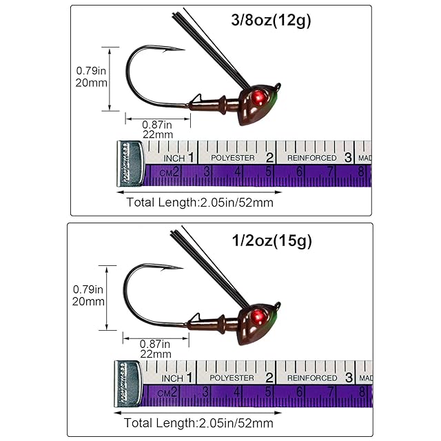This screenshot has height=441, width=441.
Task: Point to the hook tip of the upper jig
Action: pos(183,49)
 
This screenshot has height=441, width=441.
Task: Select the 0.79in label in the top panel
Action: pos(90,70)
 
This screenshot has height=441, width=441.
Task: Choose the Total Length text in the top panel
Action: pos(200,202)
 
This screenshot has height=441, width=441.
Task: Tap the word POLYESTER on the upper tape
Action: pos(233,158)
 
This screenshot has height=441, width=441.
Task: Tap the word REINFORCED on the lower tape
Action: pos(312,378)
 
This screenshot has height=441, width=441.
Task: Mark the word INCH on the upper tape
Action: pos(173,158)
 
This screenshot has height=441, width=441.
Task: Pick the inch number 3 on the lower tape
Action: pos(349,377)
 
